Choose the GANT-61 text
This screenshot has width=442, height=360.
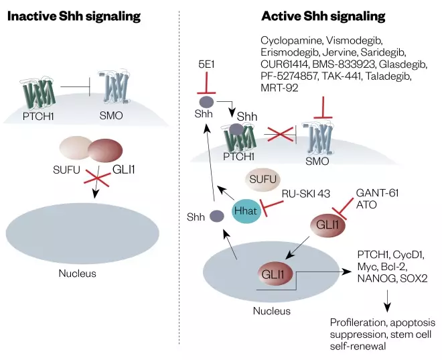click(x=377, y=193)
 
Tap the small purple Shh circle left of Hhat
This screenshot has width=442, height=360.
click(x=216, y=216)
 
